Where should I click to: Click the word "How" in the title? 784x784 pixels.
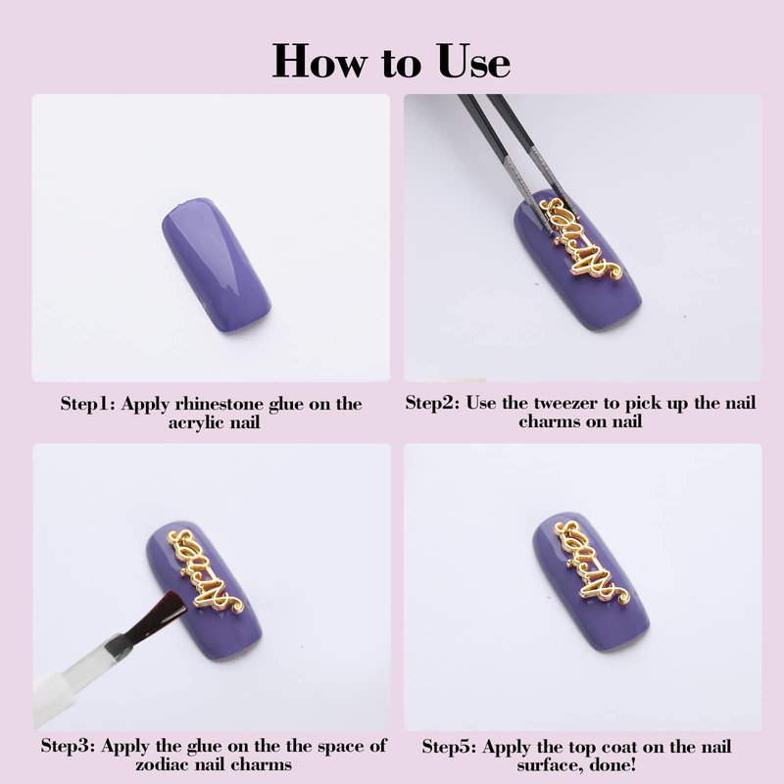[x=319, y=61]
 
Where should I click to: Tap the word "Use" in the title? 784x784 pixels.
[x=474, y=61]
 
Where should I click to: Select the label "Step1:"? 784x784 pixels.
[x=88, y=404]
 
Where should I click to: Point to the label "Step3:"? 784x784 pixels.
[x=68, y=746]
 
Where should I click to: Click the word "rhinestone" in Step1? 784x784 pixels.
[x=217, y=404]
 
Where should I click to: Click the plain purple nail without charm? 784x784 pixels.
[x=216, y=265]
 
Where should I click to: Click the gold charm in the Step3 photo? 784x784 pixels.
[x=206, y=571]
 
